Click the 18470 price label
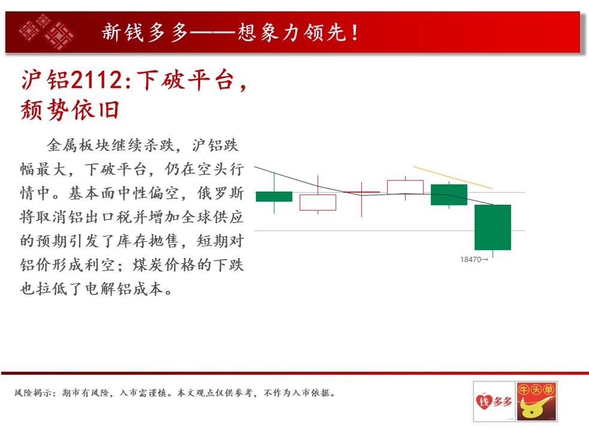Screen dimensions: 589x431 tap(474, 259)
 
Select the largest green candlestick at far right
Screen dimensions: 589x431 tap(493, 227)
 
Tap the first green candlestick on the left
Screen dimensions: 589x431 tap(274, 196)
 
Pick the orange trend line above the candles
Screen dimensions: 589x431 tap(452, 177)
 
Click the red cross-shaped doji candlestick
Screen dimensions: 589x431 tap(362, 192)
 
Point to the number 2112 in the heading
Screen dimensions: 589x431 tap(96, 80)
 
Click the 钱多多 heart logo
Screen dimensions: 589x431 tap(494, 401)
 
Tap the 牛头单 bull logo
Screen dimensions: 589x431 tap(536, 401)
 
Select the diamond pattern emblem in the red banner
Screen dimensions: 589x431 tap(47, 32)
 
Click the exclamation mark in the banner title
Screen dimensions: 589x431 tap(355, 32)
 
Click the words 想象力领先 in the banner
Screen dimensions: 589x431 tap(292, 32)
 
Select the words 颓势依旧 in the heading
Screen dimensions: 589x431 tap(70, 110)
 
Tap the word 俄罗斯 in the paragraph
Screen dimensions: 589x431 tap(221, 193)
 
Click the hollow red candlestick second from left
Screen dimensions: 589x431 tap(318, 202)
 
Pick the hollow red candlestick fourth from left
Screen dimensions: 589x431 tap(405, 187)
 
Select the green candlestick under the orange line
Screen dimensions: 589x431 tap(449, 195)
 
